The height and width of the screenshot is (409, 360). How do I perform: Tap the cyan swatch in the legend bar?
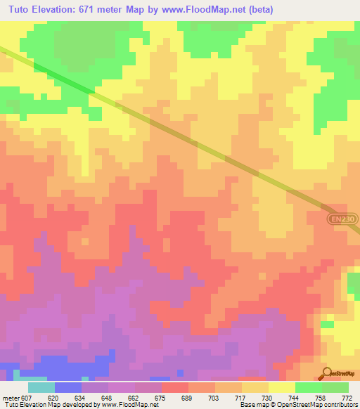[x=41, y=387]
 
